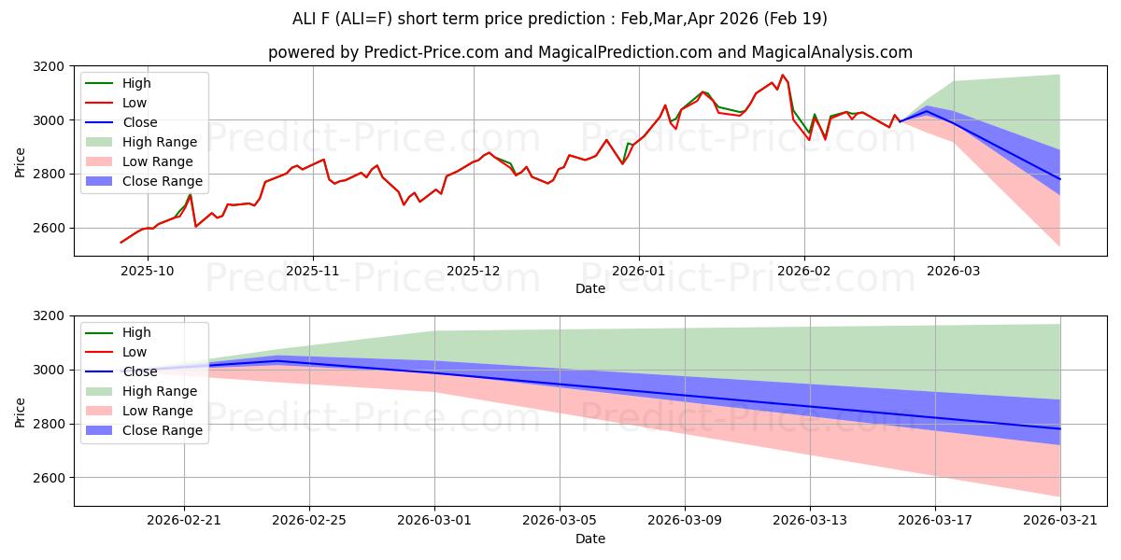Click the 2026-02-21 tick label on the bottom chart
coord(184,520)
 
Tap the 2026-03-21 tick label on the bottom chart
coord(1060,520)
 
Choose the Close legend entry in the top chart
coord(139,122)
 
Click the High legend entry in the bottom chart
coord(135,332)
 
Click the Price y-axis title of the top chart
coord(21,161)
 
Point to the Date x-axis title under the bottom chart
coord(590,539)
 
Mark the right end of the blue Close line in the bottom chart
coord(1060,428)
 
